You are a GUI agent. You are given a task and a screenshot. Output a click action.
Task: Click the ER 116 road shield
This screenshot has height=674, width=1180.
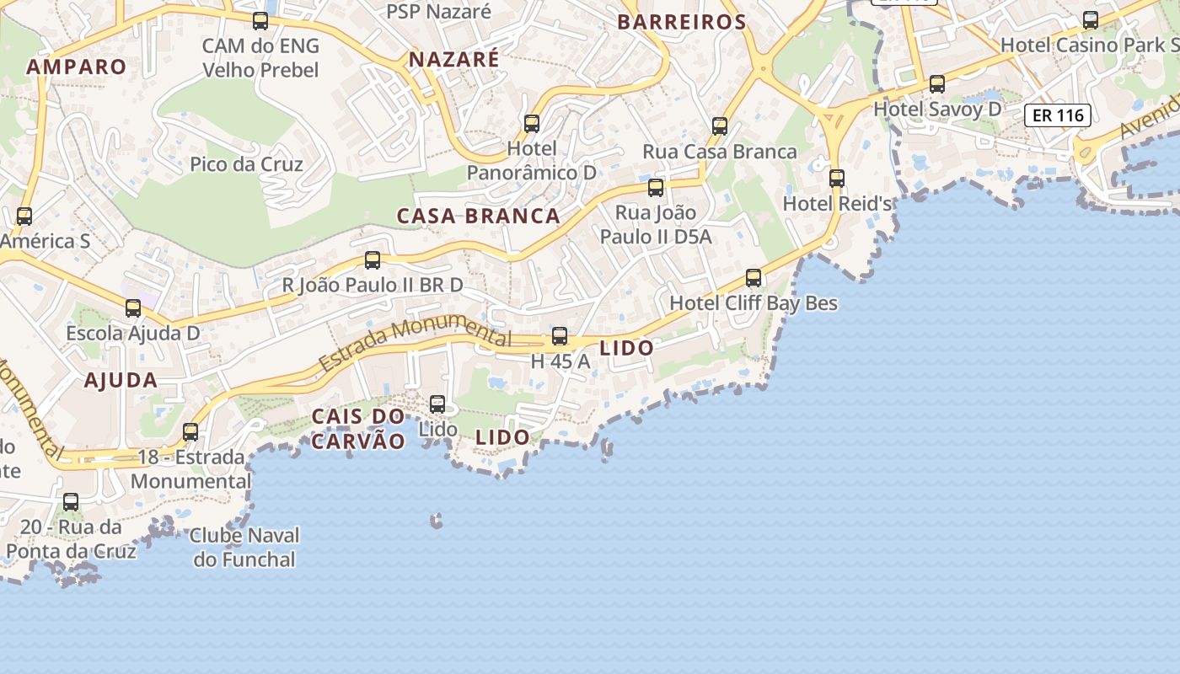(x=1058, y=115)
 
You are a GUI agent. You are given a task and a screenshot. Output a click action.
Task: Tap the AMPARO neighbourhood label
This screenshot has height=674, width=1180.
(x=77, y=67)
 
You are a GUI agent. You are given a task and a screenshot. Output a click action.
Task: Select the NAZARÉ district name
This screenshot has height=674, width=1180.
(x=454, y=59)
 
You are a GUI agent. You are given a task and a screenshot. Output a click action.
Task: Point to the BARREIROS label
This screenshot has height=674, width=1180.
(x=682, y=22)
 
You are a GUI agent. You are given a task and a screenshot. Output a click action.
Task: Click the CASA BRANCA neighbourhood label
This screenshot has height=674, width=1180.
(x=479, y=216)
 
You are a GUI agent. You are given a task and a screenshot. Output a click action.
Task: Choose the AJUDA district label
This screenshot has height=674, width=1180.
(x=121, y=380)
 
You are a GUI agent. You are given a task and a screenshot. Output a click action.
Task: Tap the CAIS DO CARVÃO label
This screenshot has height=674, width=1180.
(x=358, y=428)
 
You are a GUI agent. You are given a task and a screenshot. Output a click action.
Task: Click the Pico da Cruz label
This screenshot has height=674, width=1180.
(x=246, y=163)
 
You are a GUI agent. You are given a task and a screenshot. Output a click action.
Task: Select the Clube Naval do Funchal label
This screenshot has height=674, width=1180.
(x=245, y=547)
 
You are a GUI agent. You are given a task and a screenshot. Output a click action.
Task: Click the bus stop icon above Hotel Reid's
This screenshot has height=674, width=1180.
(x=837, y=179)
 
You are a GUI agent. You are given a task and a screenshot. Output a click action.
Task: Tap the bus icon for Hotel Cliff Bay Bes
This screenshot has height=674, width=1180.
(x=754, y=278)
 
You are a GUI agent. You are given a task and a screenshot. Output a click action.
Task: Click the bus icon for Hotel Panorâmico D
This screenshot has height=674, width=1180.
(x=532, y=124)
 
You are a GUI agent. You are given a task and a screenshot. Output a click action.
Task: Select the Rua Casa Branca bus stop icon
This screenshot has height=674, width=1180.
(x=720, y=126)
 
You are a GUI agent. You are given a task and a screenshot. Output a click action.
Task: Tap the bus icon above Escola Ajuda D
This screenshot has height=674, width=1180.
(x=133, y=308)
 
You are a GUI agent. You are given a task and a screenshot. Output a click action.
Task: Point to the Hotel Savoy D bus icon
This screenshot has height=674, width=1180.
(x=937, y=84)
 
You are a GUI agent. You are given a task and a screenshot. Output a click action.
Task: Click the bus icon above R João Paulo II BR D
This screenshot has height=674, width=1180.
(x=373, y=260)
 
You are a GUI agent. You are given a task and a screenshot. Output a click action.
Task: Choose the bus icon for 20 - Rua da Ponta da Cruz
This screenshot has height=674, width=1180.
(x=71, y=502)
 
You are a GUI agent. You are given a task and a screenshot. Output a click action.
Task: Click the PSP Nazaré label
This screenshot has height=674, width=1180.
(x=438, y=11)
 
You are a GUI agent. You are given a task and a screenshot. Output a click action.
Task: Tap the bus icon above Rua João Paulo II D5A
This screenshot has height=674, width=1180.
(x=656, y=188)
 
